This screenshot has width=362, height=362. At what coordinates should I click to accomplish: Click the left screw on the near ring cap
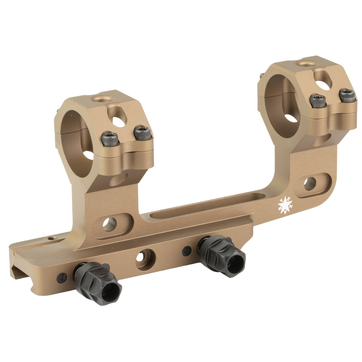110,138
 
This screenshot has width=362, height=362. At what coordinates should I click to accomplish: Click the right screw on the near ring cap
142,133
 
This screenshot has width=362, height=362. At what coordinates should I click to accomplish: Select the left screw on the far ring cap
318,100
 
